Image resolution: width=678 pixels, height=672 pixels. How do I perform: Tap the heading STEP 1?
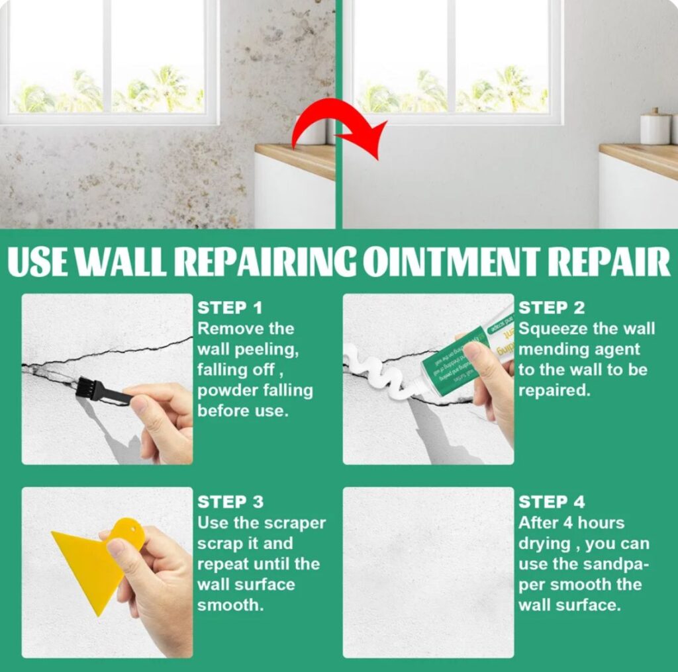coord(230,308)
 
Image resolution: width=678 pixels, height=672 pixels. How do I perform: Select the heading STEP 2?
coord(552,308)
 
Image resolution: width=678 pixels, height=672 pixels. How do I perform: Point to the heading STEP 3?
coord(230,502)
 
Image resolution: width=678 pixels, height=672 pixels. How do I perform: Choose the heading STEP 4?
coord(552,502)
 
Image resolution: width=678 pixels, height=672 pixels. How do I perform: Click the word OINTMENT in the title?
coord(454,262)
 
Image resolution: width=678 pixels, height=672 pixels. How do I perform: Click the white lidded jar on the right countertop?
coord(655,128)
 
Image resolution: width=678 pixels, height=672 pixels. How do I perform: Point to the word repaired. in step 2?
coord(554,391)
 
